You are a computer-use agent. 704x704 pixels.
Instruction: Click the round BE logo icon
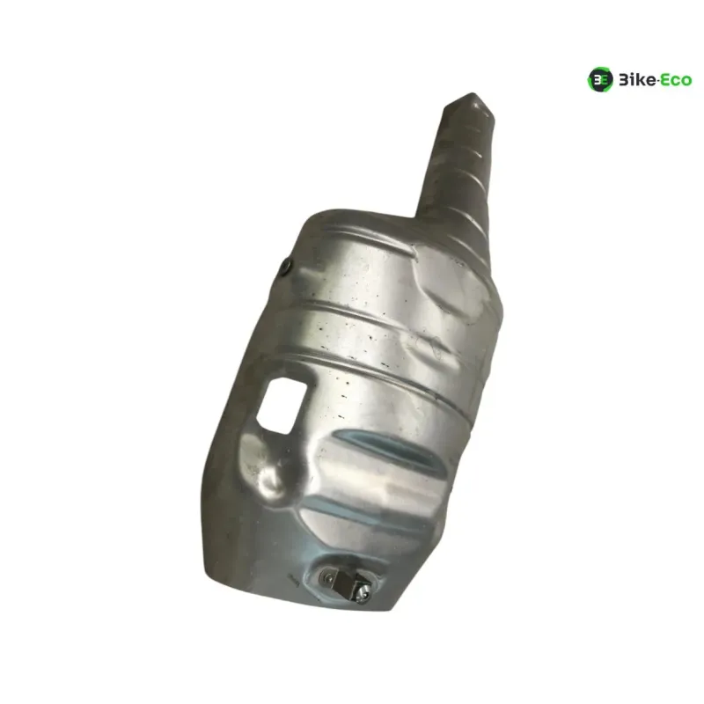[600, 80]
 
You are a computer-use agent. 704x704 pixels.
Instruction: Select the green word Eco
[676, 81]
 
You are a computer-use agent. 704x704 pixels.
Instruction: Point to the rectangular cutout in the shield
[282, 406]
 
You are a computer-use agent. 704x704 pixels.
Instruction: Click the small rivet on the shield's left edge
[285, 268]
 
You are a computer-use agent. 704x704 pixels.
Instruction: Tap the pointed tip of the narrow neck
[472, 94]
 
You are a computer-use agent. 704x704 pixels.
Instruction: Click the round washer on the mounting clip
[326, 576]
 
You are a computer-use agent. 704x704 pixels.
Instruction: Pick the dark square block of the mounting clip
[346, 583]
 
